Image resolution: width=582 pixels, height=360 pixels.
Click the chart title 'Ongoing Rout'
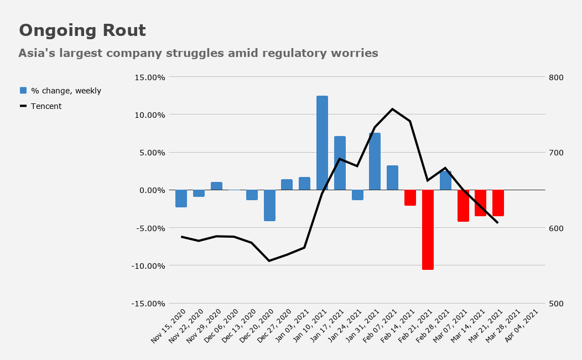[82, 30]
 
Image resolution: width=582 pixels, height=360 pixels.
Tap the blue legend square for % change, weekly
[23, 90]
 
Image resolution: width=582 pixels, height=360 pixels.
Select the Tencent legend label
[46, 106]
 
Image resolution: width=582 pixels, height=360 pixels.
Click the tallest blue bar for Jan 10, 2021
[322, 143]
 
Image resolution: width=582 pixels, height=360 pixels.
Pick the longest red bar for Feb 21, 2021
[428, 229]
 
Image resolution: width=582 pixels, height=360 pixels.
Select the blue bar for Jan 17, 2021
[340, 163]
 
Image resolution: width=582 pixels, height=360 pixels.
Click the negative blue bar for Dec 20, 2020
[269, 205]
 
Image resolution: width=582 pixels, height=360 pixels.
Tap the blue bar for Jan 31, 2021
[375, 161]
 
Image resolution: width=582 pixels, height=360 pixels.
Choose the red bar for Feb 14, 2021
[410, 197]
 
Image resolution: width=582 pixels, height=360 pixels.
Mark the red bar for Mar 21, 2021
[498, 203]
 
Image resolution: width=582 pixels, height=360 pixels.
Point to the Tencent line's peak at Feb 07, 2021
[393, 109]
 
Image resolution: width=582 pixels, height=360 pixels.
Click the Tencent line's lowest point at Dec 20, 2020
[269, 261]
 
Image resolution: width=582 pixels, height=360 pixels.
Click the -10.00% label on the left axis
[148, 266]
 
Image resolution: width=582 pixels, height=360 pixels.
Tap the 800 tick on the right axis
[556, 77]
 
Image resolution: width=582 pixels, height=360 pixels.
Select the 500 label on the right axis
[556, 304]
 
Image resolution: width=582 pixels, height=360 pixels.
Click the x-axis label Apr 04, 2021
[521, 326]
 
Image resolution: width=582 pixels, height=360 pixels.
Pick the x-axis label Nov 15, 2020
[168, 326]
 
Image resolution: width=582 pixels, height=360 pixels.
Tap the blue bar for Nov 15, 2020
[181, 199]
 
